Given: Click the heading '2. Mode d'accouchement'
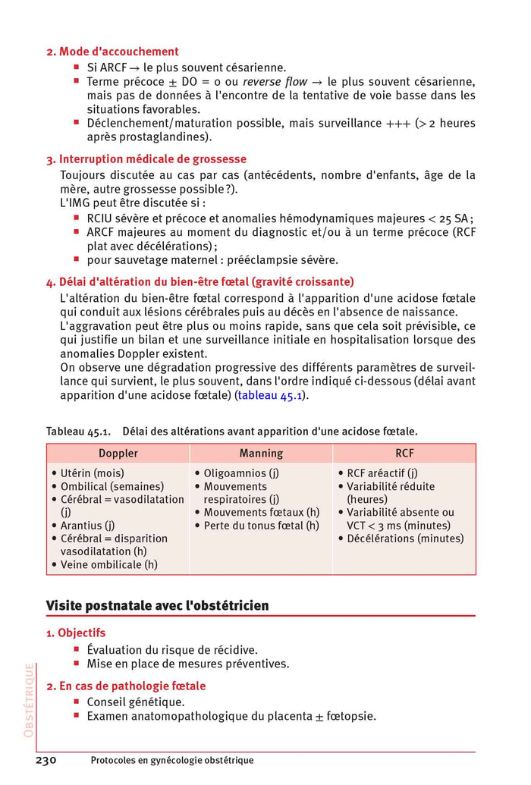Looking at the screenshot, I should (112, 52).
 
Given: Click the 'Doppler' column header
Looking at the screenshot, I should (118, 454).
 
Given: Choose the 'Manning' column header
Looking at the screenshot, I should (261, 454).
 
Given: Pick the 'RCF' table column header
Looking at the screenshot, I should (404, 454).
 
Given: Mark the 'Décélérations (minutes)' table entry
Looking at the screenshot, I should (405, 539).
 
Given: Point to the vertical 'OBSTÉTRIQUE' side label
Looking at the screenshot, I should (29, 700).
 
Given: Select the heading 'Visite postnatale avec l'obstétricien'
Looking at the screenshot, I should (157, 606).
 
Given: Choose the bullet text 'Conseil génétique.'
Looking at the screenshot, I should (135, 702).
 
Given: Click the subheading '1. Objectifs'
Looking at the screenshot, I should (76, 633).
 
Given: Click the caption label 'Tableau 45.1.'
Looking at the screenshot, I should (79, 431).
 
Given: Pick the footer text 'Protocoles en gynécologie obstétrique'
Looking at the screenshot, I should (171, 761).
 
